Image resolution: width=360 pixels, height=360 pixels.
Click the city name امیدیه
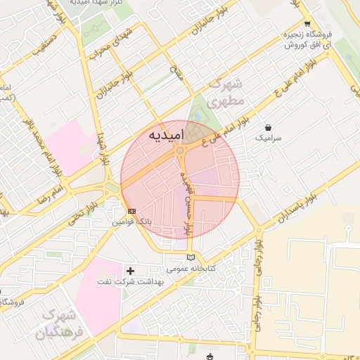click(167, 134)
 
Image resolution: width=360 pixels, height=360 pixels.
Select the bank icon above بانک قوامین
click(131, 210)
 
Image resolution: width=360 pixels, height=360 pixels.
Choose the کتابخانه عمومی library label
click(191, 268)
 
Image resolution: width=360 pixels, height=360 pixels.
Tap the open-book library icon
click(191, 257)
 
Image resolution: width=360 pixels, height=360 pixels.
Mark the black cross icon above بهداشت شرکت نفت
click(130, 271)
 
